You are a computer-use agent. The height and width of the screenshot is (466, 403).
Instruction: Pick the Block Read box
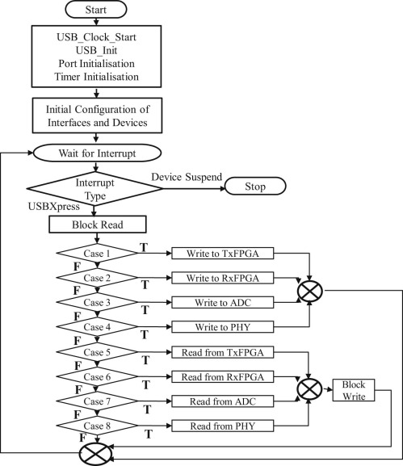pyautogui.click(x=97, y=225)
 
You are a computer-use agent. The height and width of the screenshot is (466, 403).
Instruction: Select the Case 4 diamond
pyautogui.click(x=97, y=327)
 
